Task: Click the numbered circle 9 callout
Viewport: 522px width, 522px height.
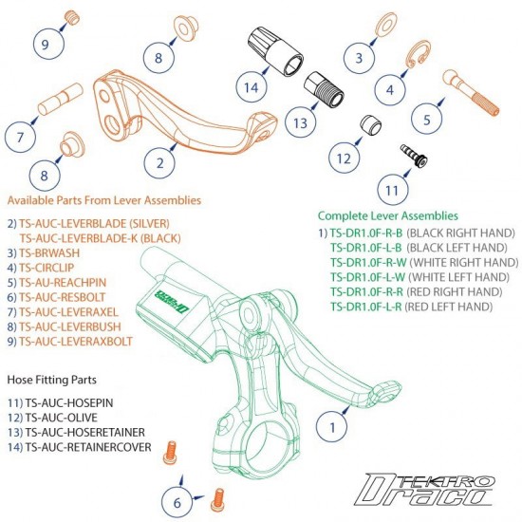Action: (46, 42)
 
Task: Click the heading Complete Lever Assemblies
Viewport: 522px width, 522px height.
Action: (387, 216)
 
